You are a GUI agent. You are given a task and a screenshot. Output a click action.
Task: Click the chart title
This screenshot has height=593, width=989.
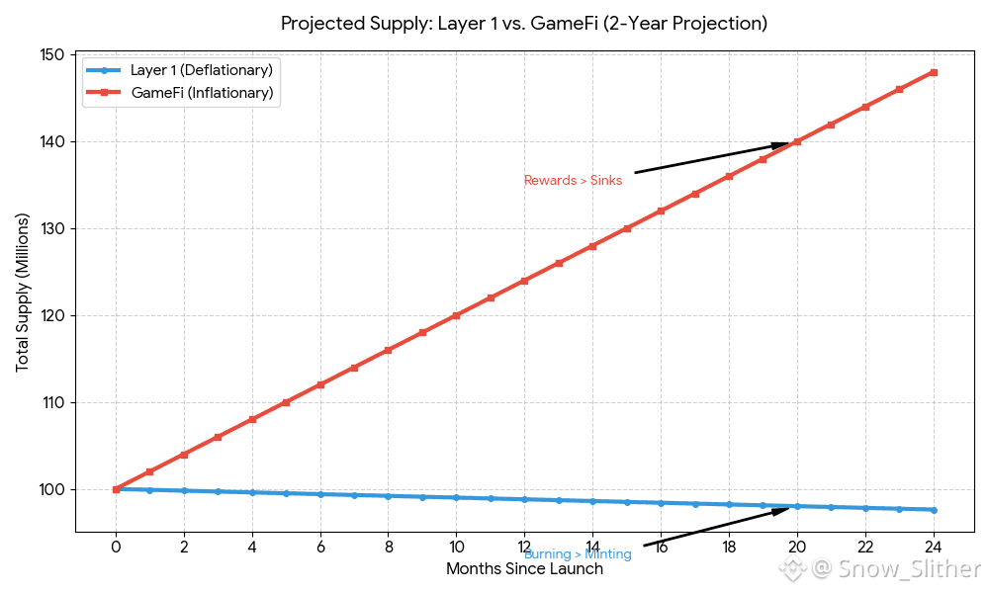coord(523,23)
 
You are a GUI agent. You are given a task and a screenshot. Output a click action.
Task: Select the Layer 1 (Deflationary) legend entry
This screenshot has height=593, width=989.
coord(201,70)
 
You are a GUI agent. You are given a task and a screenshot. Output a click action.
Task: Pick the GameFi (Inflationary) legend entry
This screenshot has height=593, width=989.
coord(202,94)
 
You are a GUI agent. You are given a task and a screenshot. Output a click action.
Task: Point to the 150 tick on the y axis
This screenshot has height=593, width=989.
coord(51,55)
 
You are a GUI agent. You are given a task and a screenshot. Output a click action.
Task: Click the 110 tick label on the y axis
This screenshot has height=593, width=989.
coord(51,403)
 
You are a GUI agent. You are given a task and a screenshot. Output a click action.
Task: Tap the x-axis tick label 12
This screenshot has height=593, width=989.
coord(524,547)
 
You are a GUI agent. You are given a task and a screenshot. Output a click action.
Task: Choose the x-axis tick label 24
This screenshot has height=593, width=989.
coord(933,547)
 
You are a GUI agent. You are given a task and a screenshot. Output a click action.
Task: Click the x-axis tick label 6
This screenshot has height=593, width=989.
coord(320,547)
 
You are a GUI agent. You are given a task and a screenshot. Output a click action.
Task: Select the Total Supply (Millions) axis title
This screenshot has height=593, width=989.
coord(23,293)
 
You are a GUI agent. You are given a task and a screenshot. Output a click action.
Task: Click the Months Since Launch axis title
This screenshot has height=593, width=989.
coord(524,569)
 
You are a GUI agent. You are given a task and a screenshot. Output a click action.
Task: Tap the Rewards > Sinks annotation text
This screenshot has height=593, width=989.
coord(573,181)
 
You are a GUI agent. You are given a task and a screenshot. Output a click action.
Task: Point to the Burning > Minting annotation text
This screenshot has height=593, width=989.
coord(578,554)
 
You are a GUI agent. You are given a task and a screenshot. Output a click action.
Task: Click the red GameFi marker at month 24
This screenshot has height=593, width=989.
coord(933,72)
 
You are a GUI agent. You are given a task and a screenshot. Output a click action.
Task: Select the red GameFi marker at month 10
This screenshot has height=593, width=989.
coord(456,316)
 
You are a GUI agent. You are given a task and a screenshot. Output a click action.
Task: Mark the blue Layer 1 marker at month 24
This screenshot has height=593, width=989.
coord(933,510)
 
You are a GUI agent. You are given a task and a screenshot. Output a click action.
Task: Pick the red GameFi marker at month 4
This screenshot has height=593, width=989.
coord(252,420)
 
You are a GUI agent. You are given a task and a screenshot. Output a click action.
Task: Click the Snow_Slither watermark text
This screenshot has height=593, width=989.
coord(895,569)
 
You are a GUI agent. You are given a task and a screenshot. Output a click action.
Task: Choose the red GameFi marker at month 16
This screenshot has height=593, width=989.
coord(661,212)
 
